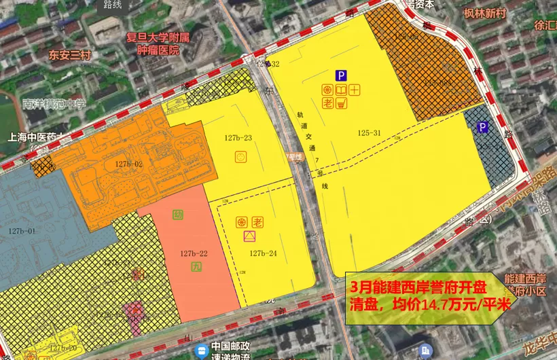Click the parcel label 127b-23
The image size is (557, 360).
[x=238, y=139]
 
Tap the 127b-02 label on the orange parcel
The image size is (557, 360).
[x=128, y=164]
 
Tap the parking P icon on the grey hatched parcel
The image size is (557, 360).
[x=483, y=127]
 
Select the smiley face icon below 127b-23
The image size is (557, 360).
[x=240, y=157]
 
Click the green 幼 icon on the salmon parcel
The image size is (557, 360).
[x=178, y=215]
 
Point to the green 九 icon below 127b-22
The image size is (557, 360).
[x=197, y=267]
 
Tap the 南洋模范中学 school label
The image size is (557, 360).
[x=54, y=104]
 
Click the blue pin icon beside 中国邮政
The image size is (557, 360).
[x=201, y=350]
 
